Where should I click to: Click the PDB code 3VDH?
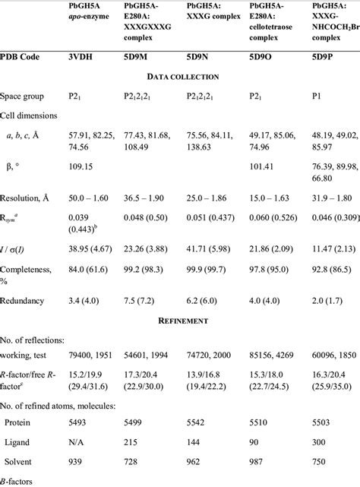[x=80, y=56]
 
